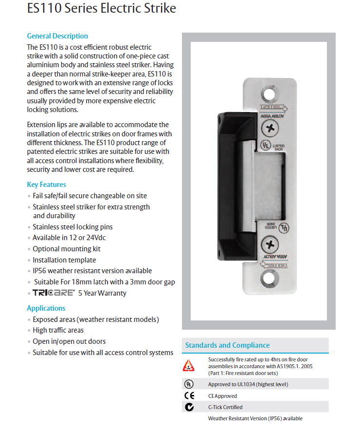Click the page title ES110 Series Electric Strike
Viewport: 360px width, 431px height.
point(102,9)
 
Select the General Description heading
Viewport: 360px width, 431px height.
point(57,36)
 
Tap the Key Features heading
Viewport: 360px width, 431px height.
point(46,185)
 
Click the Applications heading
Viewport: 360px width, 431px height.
point(46,308)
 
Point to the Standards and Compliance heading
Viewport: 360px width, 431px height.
point(227,345)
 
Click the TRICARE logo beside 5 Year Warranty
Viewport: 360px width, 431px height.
point(54,293)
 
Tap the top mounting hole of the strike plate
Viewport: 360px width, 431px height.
point(269,93)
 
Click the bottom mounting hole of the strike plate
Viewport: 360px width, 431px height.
point(269,278)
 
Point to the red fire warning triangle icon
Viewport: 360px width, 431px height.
point(188,366)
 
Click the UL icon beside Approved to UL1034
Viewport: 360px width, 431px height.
point(188,384)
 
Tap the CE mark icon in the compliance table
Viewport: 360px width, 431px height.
point(189,395)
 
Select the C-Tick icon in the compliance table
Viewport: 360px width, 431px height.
point(189,407)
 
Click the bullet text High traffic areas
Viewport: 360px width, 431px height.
point(58,330)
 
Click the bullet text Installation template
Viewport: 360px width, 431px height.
point(64,260)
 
